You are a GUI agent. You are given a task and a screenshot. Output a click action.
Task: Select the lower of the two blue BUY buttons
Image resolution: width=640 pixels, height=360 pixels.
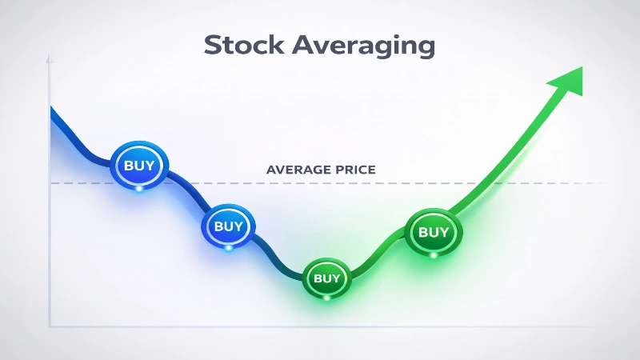click(x=228, y=226)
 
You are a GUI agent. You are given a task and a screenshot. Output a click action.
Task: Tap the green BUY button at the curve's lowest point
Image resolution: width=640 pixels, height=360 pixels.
click(x=326, y=278)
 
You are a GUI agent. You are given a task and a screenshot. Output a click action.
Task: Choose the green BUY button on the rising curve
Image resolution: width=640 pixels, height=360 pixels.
click(x=434, y=232)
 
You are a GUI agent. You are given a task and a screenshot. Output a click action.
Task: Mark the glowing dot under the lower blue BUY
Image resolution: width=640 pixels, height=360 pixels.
click(x=229, y=248)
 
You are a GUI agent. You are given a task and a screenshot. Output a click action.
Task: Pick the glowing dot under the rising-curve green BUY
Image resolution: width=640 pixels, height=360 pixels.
click(x=434, y=255)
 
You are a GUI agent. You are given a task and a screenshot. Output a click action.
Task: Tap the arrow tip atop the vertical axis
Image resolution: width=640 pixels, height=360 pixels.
click(x=50, y=58)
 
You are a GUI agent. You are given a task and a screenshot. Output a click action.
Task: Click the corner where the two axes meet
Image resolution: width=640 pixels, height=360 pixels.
click(x=50, y=326)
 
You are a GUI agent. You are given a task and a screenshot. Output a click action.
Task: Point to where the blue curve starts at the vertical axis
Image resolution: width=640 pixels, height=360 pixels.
click(x=51, y=110)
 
